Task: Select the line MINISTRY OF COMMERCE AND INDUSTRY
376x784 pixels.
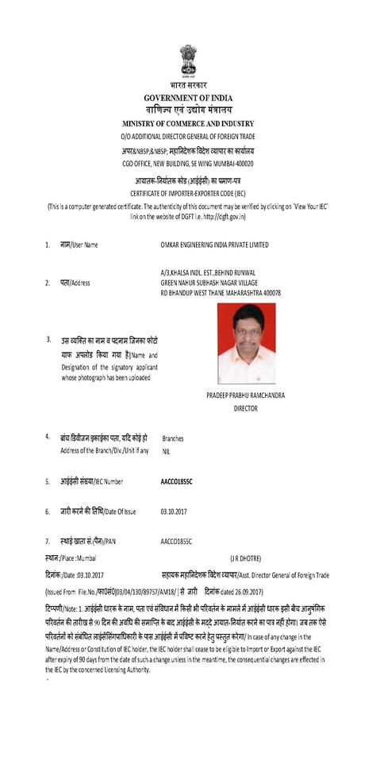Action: pos(188,125)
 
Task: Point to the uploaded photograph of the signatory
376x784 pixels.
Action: pos(247,344)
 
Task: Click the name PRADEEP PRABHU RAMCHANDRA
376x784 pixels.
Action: pos(245,395)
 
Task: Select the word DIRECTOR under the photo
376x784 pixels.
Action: pos(246,408)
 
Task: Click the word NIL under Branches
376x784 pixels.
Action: pos(167,451)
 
